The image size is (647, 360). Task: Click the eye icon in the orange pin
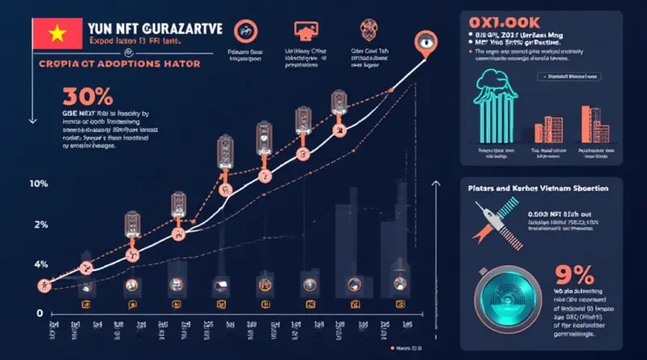click(425, 41)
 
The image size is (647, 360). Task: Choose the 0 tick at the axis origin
click(38, 312)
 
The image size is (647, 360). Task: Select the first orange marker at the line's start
click(42, 285)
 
